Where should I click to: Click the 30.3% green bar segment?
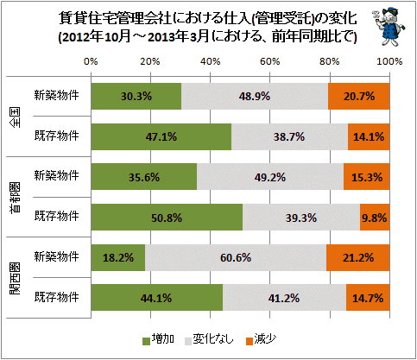tap(136, 96)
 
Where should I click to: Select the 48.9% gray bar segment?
tap(255, 96)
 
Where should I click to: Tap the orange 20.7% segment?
tap(359, 96)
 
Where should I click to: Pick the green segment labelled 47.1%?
tap(161, 136)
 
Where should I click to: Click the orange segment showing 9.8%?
tap(375, 218)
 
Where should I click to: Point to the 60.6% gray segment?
tap(236, 257)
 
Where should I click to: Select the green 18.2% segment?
tap(118, 257)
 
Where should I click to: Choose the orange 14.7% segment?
tap(368, 298)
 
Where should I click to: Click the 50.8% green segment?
tap(167, 218)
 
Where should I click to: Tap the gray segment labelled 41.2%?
tap(284, 298)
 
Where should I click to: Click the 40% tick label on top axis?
tap(211, 61)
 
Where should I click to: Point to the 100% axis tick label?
tap(389, 61)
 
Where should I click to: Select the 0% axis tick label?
tap(91, 61)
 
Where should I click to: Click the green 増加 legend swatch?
tap(147, 341)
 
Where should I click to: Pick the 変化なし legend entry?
tap(209, 339)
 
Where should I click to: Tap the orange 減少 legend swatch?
tap(250, 341)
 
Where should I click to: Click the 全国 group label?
tap(16, 117)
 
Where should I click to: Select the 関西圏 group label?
tap(16, 279)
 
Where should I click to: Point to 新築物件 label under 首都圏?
tap(56, 175)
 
